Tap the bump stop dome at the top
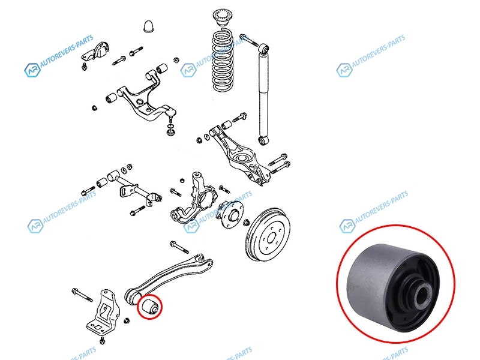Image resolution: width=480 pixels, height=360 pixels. click(x=148, y=26)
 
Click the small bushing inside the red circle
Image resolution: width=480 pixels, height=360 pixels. click(x=149, y=306)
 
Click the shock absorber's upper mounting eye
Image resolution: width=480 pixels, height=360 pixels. click(x=263, y=49)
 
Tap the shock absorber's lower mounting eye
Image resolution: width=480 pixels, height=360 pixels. click(x=263, y=140)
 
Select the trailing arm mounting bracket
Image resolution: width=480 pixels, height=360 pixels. click(x=103, y=311)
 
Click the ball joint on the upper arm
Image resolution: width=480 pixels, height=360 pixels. click(x=172, y=115)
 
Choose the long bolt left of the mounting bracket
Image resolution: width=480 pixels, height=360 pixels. click(x=82, y=295)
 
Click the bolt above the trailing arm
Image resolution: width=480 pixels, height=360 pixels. click(x=179, y=247)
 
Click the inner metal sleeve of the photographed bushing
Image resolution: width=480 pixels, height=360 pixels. click(x=423, y=294)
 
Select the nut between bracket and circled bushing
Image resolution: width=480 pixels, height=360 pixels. click(x=127, y=321)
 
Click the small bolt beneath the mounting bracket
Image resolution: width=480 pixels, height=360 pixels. click(x=102, y=340)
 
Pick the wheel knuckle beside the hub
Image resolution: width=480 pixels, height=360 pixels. click(x=193, y=199)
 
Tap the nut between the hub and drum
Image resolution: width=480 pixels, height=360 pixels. click(x=245, y=222)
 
